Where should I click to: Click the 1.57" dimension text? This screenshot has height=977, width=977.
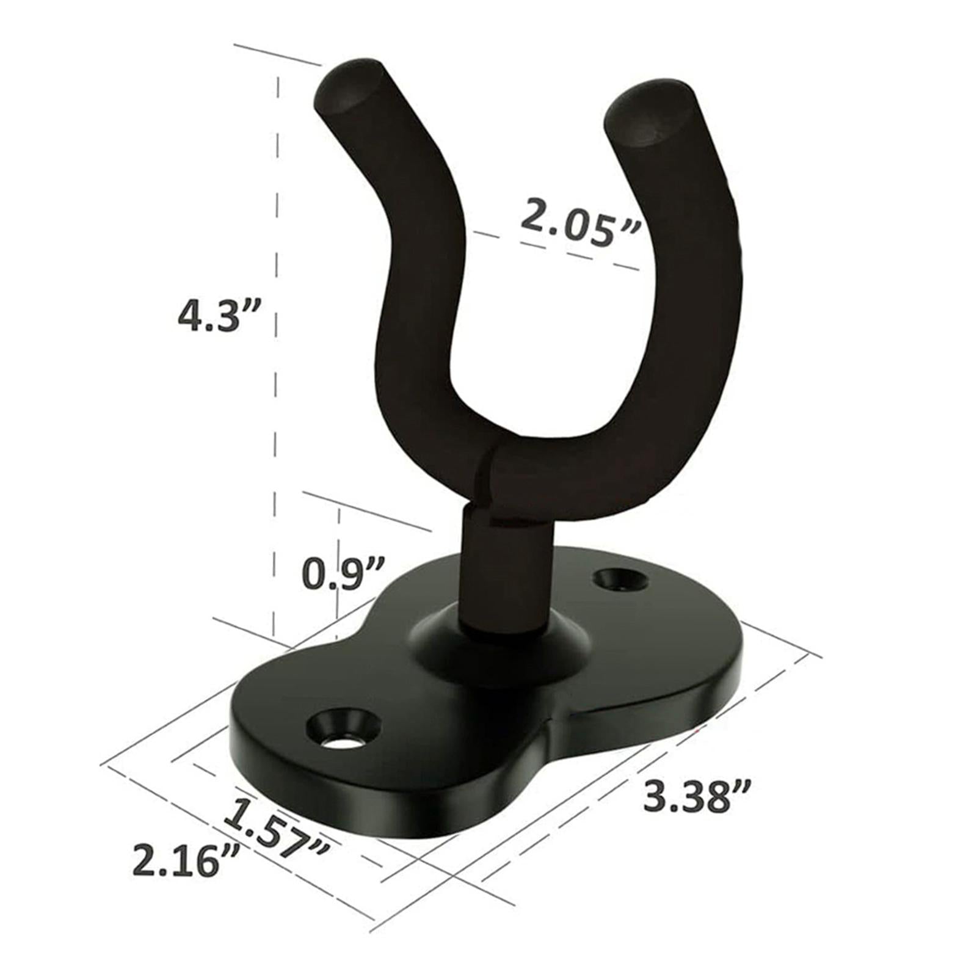(x=278, y=832)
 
